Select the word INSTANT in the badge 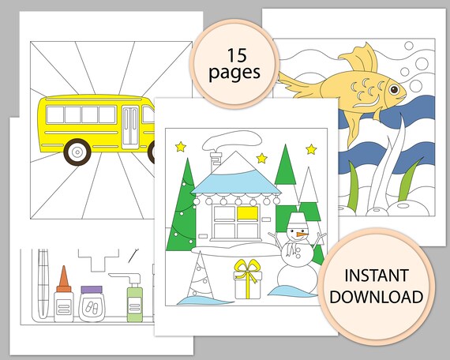coord(376,277)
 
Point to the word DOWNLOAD coord(376,297)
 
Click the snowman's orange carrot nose coord(298,234)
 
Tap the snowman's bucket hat coord(297,219)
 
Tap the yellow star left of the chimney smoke coord(181,147)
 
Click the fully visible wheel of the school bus coord(77,152)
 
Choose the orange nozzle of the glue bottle coord(63,277)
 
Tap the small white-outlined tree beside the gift coord(200,276)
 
